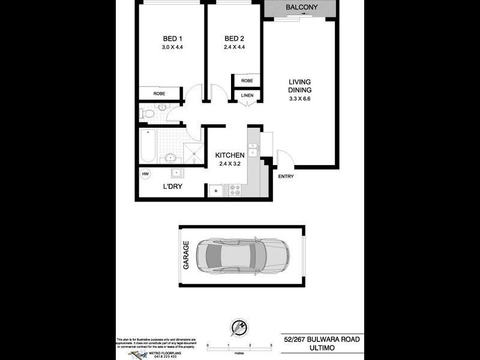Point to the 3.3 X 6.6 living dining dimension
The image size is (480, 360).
[x=301, y=99]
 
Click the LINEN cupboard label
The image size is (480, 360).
[x=247, y=96]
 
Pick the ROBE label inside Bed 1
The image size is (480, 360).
[x=159, y=94]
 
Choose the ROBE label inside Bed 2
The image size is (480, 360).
[x=247, y=80]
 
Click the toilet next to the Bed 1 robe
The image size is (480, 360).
[x=149, y=112]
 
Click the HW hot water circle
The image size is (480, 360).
[x=145, y=174]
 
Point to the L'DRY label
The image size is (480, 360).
[x=173, y=187]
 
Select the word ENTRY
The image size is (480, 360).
[x=286, y=176]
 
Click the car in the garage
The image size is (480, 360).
[x=242, y=256]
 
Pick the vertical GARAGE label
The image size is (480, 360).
[x=186, y=255]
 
